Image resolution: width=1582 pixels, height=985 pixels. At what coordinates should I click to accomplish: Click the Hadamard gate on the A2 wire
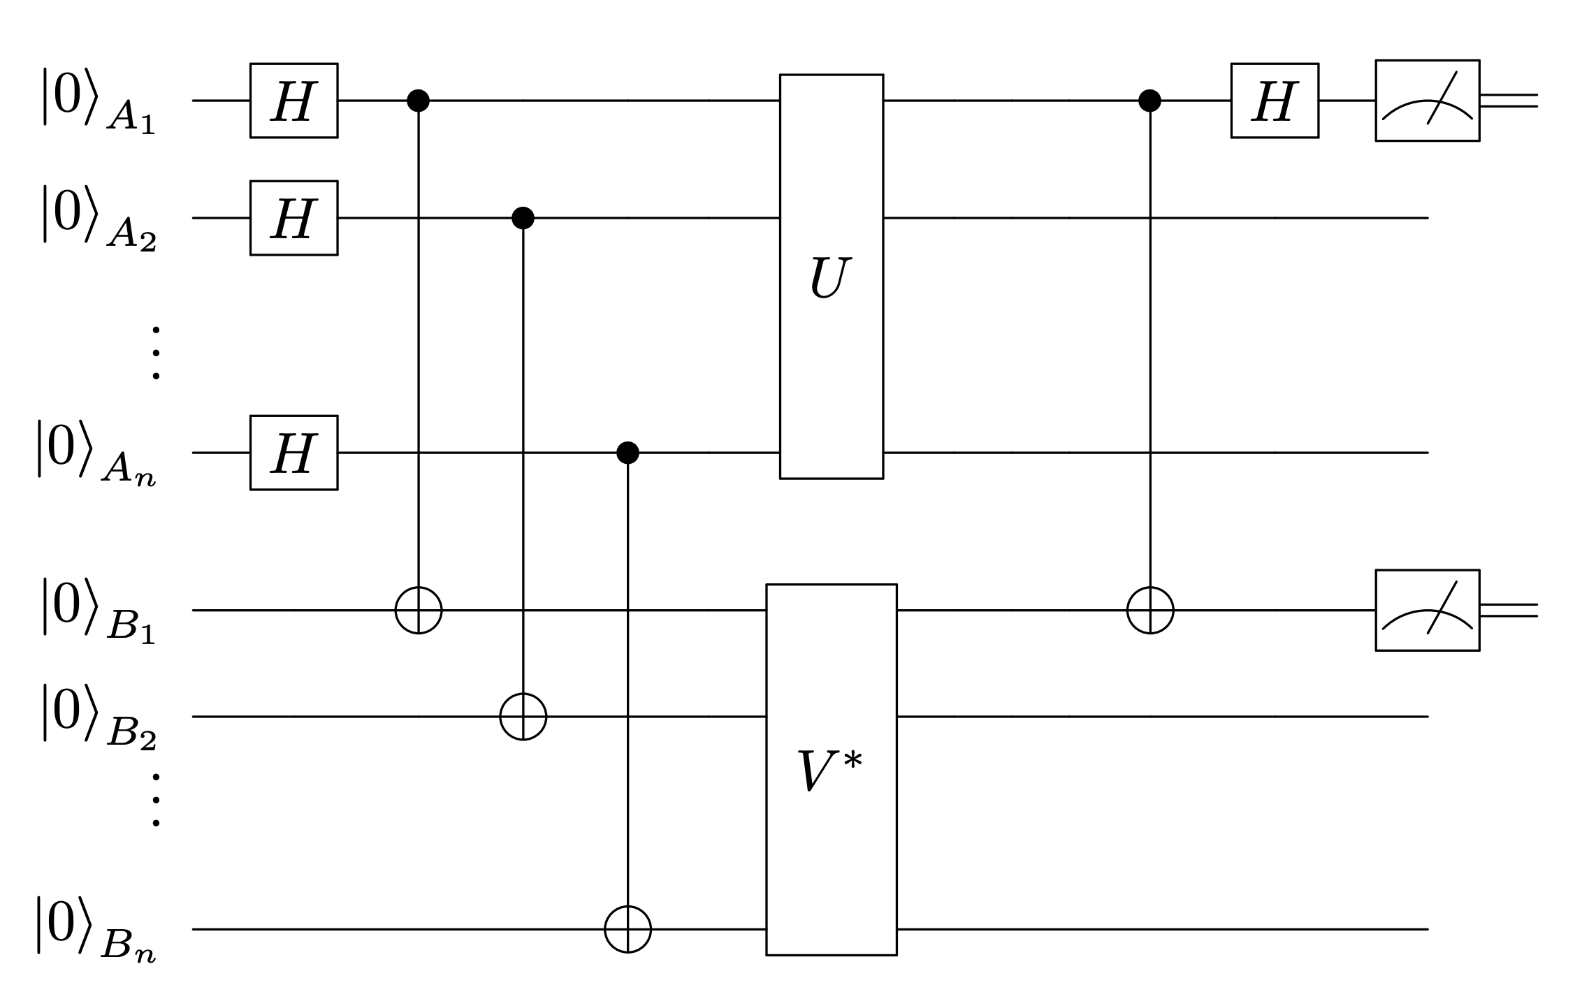point(293,218)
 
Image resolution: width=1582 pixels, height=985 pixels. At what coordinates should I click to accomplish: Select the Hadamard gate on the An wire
point(293,453)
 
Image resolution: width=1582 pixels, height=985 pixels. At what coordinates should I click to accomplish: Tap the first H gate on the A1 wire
point(293,101)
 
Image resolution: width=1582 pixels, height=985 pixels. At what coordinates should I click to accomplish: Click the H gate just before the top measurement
point(1275,101)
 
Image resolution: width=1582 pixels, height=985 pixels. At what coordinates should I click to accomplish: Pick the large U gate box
point(832,277)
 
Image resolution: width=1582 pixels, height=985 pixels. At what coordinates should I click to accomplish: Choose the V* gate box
point(832,769)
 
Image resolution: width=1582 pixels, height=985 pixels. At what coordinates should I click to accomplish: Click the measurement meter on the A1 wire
point(1428,101)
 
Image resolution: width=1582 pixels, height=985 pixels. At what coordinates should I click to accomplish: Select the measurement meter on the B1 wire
point(1428,611)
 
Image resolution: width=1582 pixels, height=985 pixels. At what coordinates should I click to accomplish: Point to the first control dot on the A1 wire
point(418,101)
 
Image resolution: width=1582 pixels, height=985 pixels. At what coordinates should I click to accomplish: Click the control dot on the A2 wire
point(523,218)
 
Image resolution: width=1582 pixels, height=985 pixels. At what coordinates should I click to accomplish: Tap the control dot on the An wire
point(627,453)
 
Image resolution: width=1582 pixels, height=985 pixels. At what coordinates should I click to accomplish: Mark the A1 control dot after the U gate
point(1149,101)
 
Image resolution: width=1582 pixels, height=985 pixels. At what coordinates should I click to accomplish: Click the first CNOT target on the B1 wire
point(418,611)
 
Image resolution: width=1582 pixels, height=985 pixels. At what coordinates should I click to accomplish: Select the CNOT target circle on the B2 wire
point(523,717)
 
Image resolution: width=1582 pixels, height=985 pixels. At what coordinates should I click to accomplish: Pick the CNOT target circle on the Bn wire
point(627,929)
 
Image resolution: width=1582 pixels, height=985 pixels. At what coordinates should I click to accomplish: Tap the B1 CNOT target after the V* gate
point(1149,611)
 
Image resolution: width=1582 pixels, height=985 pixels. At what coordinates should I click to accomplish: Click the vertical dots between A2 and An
point(156,353)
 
